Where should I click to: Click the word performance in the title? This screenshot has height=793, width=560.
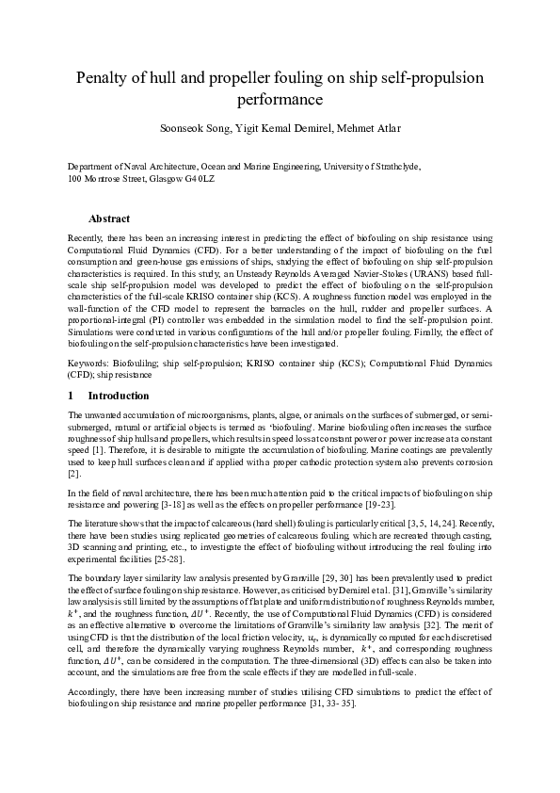tap(280, 98)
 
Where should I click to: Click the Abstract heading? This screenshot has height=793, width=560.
tap(122, 218)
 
